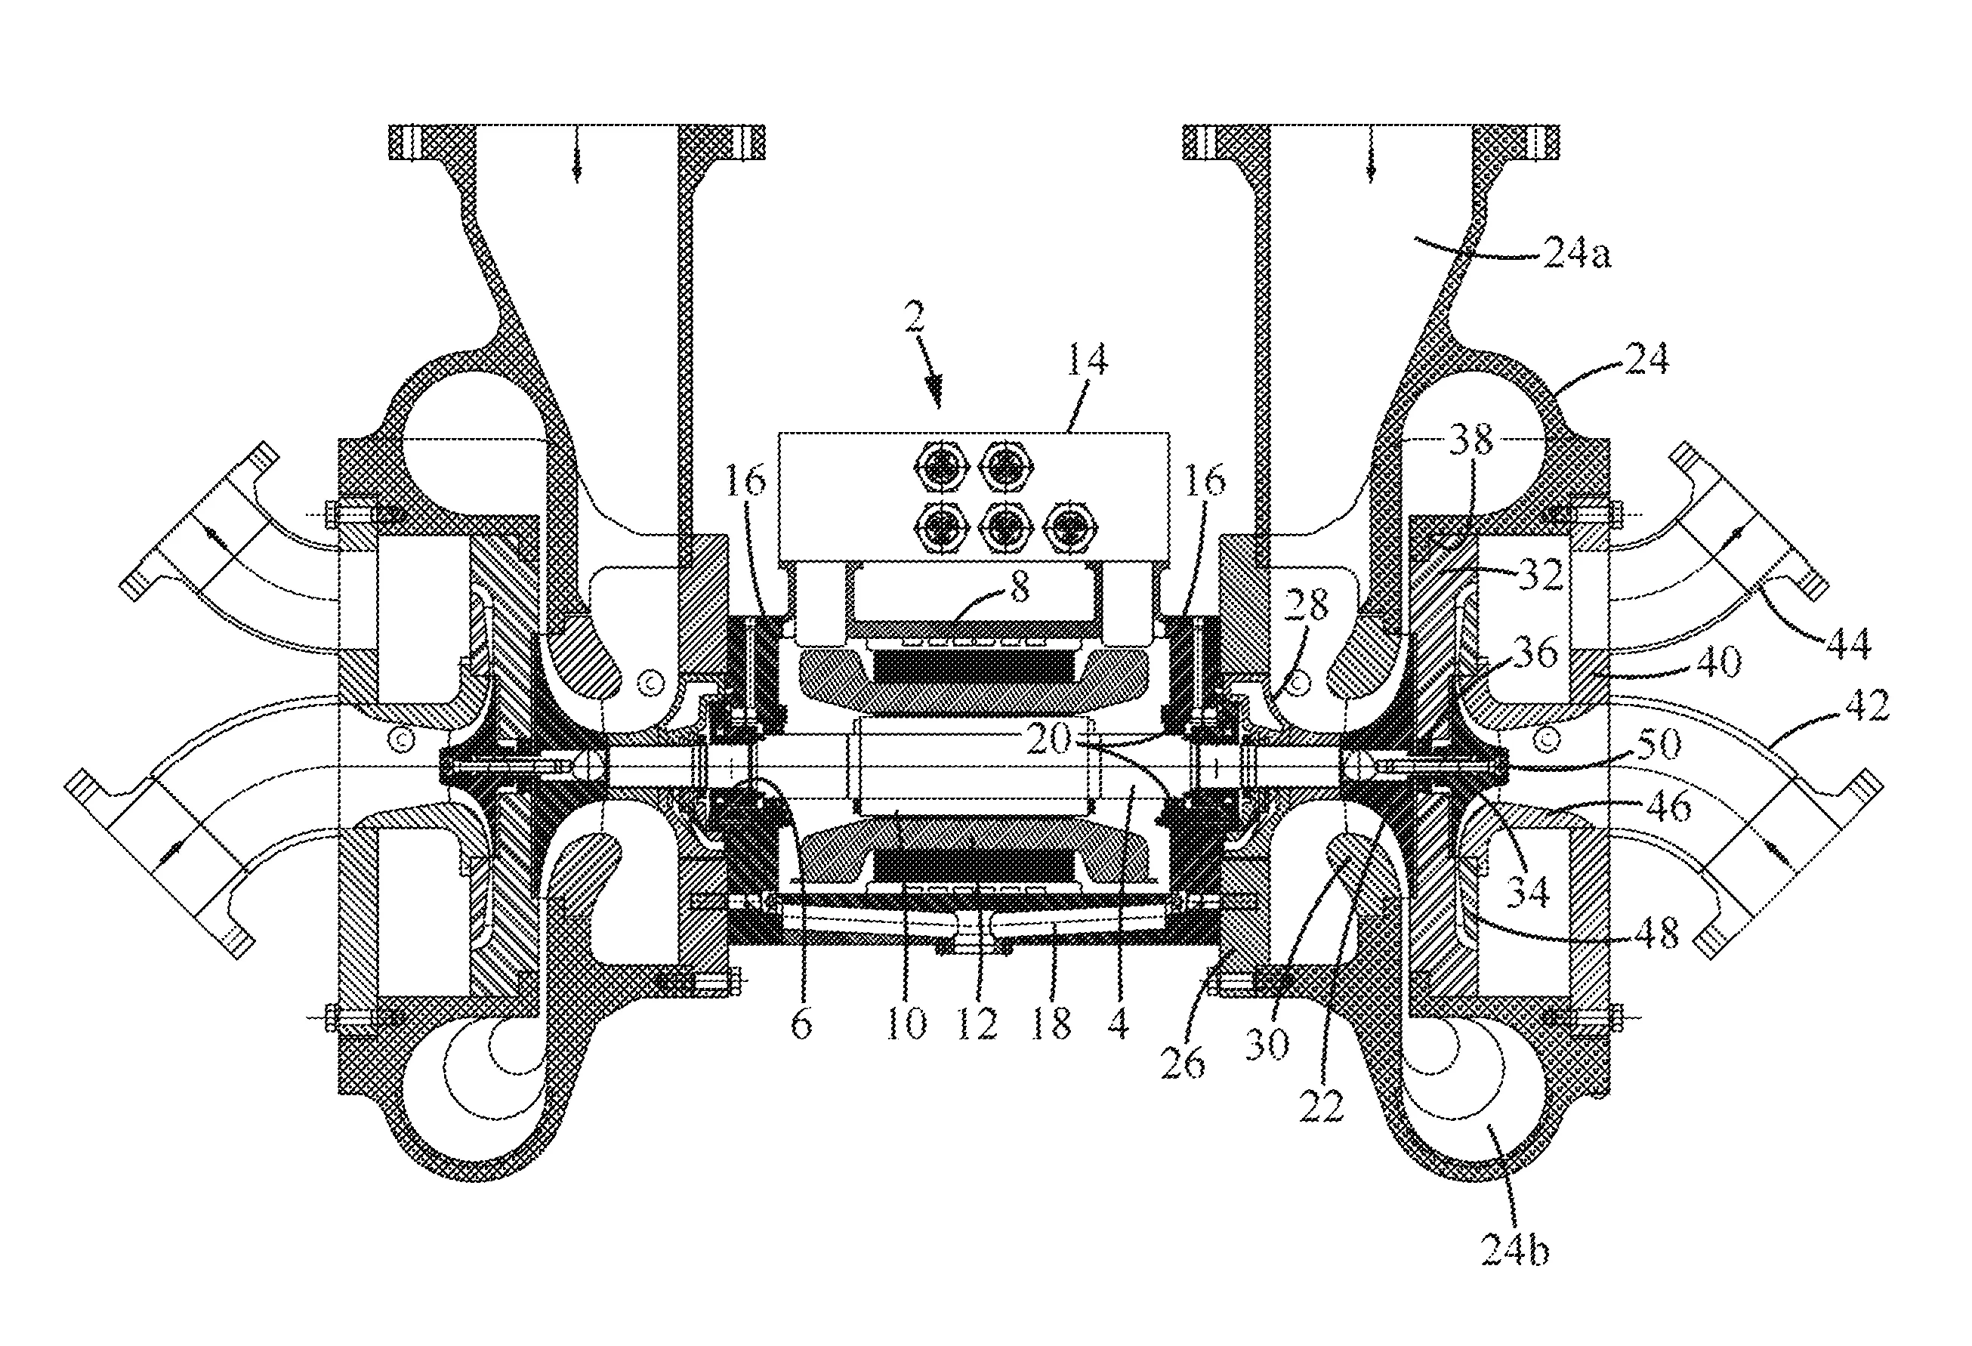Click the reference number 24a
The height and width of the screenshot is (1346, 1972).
click(1576, 254)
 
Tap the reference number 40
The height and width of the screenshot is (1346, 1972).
click(1718, 660)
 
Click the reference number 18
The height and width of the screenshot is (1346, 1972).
click(1051, 1024)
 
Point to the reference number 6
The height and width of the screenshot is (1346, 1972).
click(801, 1024)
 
